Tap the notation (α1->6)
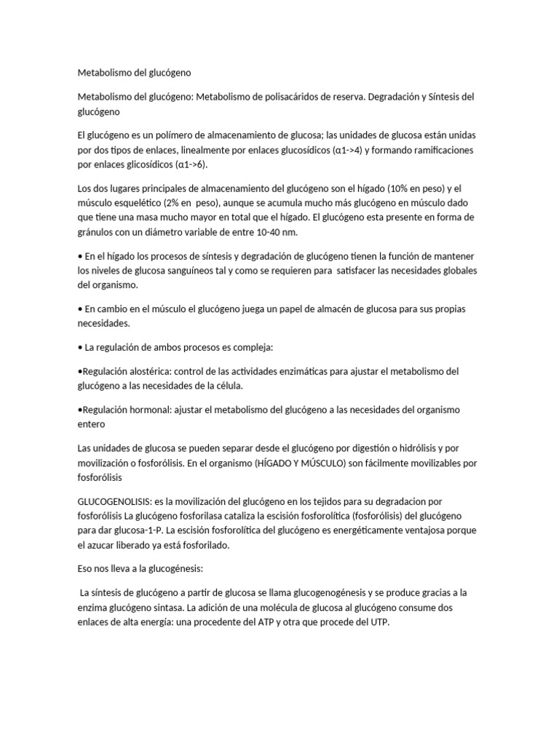click(x=189, y=164)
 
